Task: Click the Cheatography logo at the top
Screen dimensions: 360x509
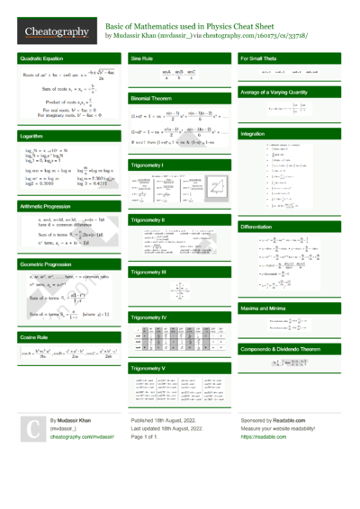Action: click(x=56, y=32)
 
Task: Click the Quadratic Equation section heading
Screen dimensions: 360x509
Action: click(x=40, y=58)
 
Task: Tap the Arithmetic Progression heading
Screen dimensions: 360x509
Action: click(x=45, y=205)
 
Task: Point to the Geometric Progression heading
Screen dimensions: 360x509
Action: click(x=46, y=265)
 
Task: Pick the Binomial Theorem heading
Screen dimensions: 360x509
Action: click(x=151, y=96)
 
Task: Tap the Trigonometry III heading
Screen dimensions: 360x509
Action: click(x=150, y=272)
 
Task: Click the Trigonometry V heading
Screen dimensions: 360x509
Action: click(x=150, y=369)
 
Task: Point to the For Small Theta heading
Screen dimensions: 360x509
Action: click(x=262, y=58)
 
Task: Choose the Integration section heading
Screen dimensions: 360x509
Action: click(x=253, y=133)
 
